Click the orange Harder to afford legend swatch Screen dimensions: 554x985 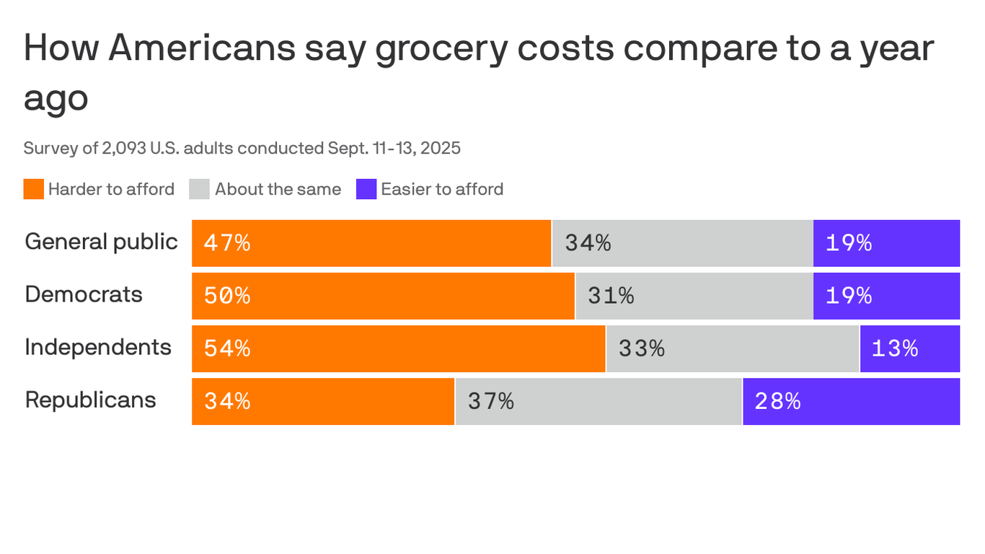[x=34, y=189]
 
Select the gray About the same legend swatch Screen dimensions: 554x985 [x=200, y=189]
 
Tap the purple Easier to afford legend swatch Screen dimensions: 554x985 [x=366, y=189]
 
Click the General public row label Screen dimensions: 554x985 [x=101, y=242]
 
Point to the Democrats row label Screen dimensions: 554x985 [x=84, y=294]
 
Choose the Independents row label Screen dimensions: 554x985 [x=98, y=347]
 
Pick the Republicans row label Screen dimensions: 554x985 [x=90, y=400]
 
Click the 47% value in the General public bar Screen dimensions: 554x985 [x=227, y=243]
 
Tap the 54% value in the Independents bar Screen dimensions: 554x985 [x=227, y=348]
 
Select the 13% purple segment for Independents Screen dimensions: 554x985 [x=909, y=348]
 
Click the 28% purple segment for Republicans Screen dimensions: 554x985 [x=851, y=401]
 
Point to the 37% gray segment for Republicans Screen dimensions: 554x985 [x=598, y=401]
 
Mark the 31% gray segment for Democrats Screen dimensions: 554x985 [x=694, y=296]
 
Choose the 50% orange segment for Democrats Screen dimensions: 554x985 [x=383, y=296]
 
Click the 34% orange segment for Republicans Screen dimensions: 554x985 [x=323, y=401]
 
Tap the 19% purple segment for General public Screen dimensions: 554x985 [x=886, y=243]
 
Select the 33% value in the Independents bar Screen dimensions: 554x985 [x=641, y=348]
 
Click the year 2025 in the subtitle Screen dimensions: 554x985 [x=441, y=149]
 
